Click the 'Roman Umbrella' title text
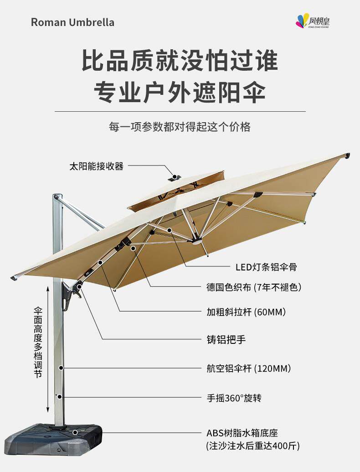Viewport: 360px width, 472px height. pyautogui.click(x=72, y=22)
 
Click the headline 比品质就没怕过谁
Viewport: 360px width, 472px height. pyautogui.click(x=180, y=61)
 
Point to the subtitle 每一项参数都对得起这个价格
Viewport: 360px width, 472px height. pyautogui.click(x=180, y=127)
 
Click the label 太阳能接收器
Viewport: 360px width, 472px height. pyautogui.click(x=96, y=166)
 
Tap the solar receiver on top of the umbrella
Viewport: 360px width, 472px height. pyautogui.click(x=175, y=177)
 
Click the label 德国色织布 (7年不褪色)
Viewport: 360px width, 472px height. pyautogui.click(x=253, y=287)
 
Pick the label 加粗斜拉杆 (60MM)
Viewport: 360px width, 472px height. pyautogui.click(x=246, y=312)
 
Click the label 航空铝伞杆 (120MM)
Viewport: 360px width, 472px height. pyautogui.click(x=248, y=368)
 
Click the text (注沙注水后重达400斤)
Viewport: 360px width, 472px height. pyautogui.click(x=252, y=446)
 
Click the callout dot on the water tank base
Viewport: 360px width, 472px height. pyautogui.click(x=75, y=432)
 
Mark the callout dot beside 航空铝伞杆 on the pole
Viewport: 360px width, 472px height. pyautogui.click(x=61, y=368)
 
